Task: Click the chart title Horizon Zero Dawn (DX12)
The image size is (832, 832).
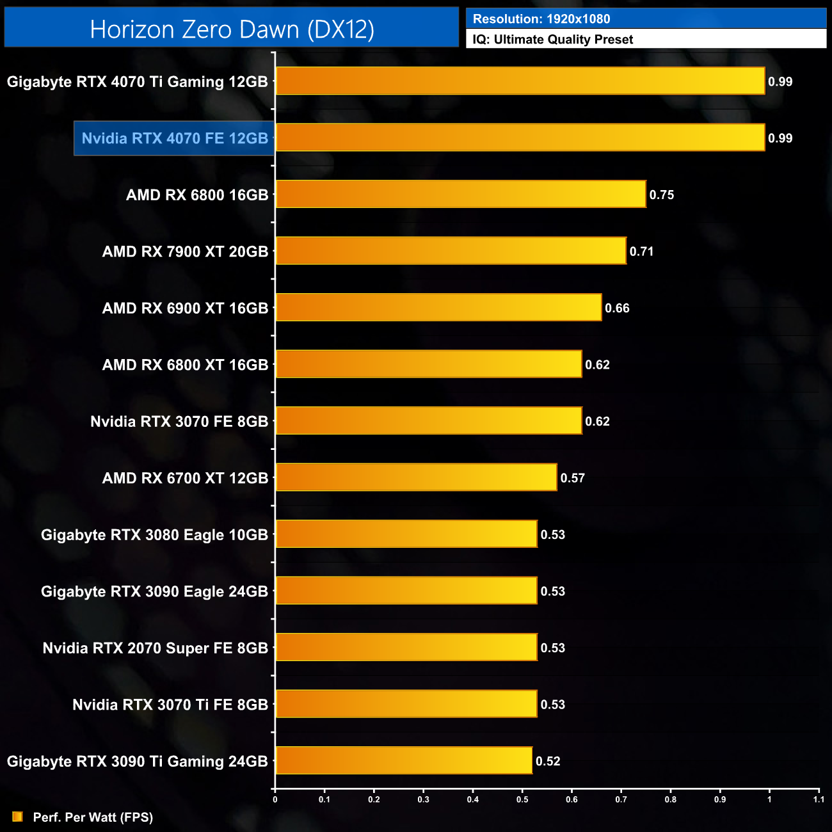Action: (x=232, y=29)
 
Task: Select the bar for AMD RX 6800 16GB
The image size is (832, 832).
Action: (x=461, y=194)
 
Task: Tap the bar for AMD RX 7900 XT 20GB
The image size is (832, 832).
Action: (x=451, y=250)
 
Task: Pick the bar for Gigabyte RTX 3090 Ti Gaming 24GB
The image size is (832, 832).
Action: (x=404, y=760)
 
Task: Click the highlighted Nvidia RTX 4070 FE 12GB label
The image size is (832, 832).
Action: (x=175, y=138)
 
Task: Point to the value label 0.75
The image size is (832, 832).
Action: (x=661, y=195)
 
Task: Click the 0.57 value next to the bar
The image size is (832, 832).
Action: (x=572, y=478)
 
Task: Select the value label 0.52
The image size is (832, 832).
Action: (x=548, y=761)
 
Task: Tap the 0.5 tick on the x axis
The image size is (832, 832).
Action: (x=522, y=799)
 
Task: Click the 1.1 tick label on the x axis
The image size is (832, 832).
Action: (x=819, y=799)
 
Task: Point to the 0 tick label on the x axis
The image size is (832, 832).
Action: (x=275, y=799)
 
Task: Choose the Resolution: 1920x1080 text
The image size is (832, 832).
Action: (x=541, y=19)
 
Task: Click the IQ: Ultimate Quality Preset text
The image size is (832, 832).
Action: (x=553, y=40)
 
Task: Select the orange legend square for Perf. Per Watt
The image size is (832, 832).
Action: (x=17, y=817)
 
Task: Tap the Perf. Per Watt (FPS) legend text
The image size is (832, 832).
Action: (x=93, y=817)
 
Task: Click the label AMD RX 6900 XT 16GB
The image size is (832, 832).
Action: (x=185, y=308)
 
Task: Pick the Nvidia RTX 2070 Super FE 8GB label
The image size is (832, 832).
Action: (x=155, y=648)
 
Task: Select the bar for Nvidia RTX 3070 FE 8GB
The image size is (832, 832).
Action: (x=429, y=420)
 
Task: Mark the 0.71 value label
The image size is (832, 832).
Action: (x=641, y=252)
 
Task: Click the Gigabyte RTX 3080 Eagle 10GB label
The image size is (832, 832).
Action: (x=154, y=535)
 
